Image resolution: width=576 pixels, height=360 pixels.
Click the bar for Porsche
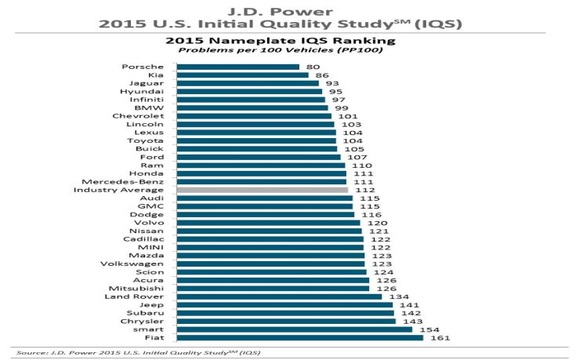(x=237, y=67)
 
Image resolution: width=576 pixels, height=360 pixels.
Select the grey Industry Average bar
(x=262, y=190)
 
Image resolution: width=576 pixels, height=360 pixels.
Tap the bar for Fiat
(x=299, y=338)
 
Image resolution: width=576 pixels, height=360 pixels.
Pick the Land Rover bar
(x=279, y=296)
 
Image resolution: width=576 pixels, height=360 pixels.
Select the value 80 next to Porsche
(x=313, y=67)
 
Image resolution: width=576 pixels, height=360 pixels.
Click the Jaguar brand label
(x=148, y=83)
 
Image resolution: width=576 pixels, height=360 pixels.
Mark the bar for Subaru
(x=285, y=313)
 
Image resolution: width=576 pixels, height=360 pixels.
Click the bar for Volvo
(x=268, y=223)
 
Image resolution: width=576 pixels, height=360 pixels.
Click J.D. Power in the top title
(x=288, y=10)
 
